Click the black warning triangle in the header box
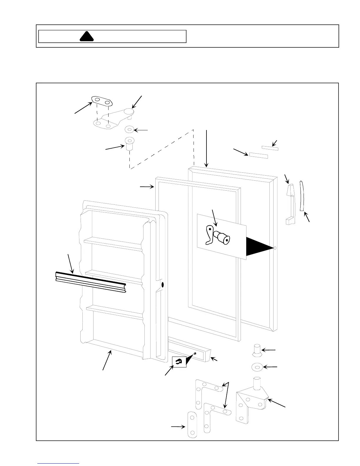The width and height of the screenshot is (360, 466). point(87,36)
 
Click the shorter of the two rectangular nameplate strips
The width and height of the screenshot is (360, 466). point(270,148)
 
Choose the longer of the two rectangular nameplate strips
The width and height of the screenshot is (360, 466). point(259,155)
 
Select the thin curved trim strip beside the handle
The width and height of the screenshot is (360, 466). point(301,196)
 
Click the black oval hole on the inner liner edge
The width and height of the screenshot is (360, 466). point(163,285)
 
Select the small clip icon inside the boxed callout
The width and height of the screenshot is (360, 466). point(179,362)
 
